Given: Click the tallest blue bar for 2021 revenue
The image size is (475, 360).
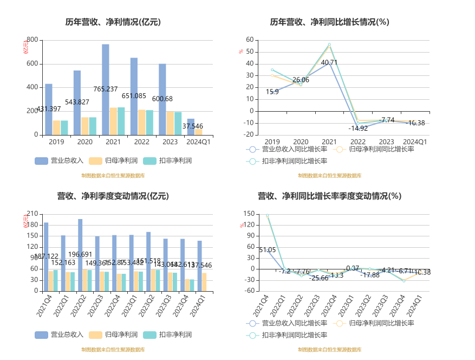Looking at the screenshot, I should click(x=106, y=89).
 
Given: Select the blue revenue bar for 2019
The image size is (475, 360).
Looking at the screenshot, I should click(x=49, y=109).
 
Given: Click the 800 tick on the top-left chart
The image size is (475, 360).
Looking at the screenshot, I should click(x=32, y=40).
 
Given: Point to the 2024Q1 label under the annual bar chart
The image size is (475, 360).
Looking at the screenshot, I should click(x=198, y=142).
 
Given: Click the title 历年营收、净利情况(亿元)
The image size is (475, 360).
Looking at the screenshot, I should click(x=113, y=22).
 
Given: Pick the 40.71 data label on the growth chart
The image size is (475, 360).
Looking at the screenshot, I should click(x=329, y=63).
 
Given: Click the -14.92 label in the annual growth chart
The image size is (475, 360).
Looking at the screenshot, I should click(x=358, y=128).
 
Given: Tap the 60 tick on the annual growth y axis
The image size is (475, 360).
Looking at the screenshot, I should click(x=250, y=40).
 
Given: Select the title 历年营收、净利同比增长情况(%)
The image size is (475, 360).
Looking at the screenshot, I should click(x=330, y=22).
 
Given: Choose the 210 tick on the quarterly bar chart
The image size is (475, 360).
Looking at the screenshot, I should click(x=32, y=214).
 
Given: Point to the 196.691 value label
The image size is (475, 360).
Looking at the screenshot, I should click(x=80, y=254).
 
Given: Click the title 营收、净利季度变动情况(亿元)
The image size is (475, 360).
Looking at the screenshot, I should click(x=113, y=196).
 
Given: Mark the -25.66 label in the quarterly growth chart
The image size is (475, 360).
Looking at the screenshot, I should click(x=319, y=278).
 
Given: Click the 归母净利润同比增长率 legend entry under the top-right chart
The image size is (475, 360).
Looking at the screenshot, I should click(x=375, y=149).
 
